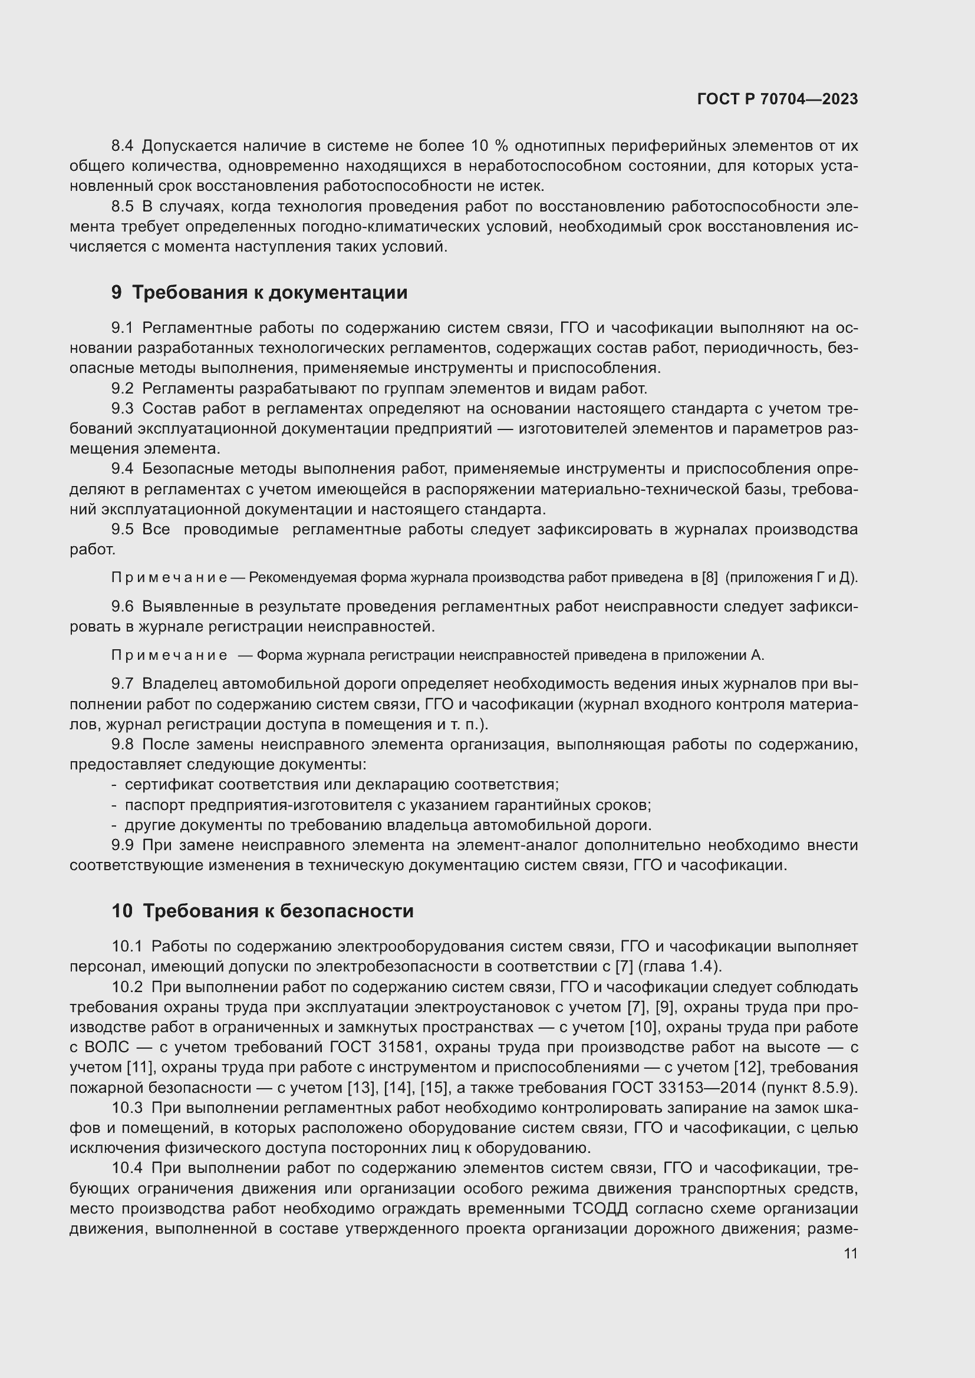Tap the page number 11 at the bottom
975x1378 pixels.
pos(850,1254)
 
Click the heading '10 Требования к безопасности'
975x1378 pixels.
pos(262,911)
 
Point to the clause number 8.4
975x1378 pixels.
pos(123,146)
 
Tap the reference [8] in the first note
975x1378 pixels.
pos(710,577)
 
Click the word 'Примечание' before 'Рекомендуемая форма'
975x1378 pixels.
pos(169,577)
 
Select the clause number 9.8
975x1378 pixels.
pos(123,745)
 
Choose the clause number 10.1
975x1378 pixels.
pos(127,947)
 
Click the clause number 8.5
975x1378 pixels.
pos(123,206)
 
